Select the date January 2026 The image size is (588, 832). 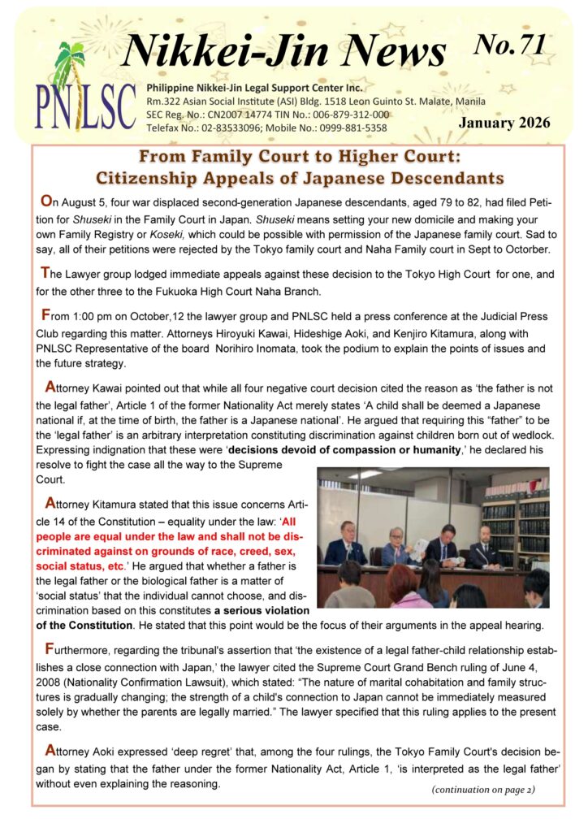pyautogui.click(x=504, y=123)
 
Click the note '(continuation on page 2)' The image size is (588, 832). pyautogui.click(x=482, y=788)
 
